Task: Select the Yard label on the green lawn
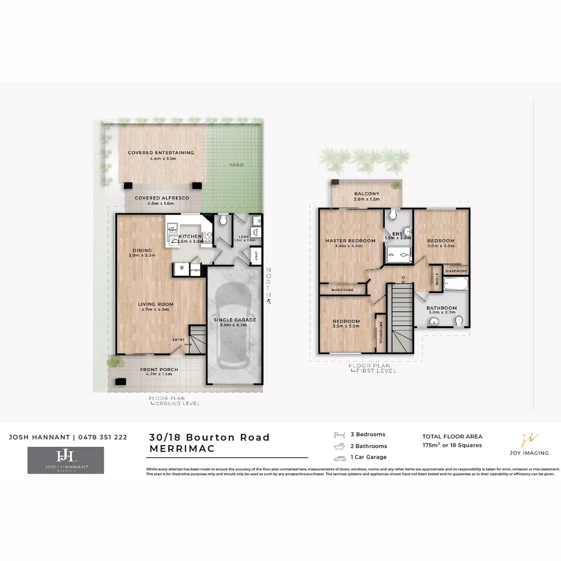pyautogui.click(x=236, y=165)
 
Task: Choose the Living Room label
pyautogui.click(x=155, y=304)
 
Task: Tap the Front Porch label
pyautogui.click(x=159, y=370)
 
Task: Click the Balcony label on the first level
pyautogui.click(x=367, y=194)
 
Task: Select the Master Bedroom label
pyautogui.click(x=350, y=241)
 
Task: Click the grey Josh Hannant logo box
pyautogui.click(x=65, y=460)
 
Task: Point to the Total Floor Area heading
pyautogui.click(x=452, y=436)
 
